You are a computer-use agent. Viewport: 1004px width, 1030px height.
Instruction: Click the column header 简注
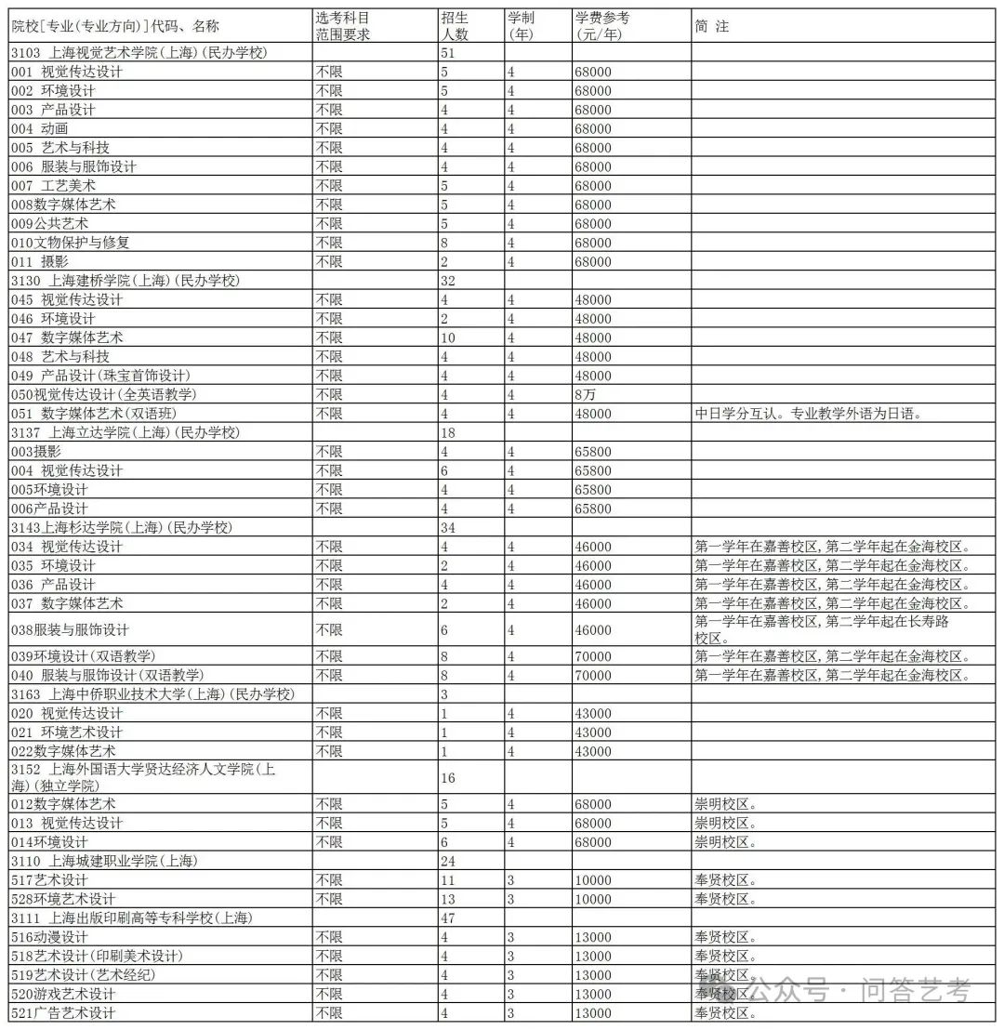point(712,26)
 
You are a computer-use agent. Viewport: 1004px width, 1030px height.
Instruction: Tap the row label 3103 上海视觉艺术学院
point(139,53)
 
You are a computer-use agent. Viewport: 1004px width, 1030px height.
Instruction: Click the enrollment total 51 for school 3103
point(447,53)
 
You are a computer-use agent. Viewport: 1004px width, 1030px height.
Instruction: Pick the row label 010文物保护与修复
point(70,243)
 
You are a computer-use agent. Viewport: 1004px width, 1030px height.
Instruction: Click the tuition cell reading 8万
point(588,394)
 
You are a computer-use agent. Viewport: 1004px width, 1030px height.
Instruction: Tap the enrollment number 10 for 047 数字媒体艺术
point(448,337)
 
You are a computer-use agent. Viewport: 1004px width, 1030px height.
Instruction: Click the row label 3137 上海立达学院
point(125,432)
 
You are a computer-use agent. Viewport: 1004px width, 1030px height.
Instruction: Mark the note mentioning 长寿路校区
point(823,629)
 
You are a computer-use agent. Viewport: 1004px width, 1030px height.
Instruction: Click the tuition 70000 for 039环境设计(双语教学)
point(594,656)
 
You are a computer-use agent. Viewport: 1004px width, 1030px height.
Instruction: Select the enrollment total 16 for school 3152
point(448,777)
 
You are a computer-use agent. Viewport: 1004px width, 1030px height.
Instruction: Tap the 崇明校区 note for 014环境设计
point(725,842)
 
